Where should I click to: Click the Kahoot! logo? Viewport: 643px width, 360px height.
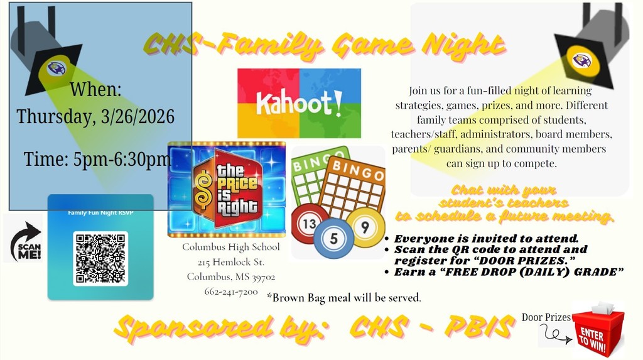click(x=299, y=103)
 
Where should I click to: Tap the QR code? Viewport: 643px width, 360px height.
click(x=100, y=258)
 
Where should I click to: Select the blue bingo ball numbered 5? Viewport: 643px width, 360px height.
click(x=334, y=239)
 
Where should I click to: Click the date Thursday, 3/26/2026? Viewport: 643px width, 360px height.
click(x=95, y=117)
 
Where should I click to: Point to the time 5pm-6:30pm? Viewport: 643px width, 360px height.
click(x=97, y=160)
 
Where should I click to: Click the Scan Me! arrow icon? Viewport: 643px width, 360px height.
click(x=23, y=239)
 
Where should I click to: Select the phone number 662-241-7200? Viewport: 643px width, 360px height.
click(x=230, y=292)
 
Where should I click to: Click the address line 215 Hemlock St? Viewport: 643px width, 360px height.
click(x=230, y=262)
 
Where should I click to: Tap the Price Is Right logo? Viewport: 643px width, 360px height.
click(x=227, y=188)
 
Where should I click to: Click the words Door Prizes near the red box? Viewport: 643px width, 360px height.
click(x=546, y=317)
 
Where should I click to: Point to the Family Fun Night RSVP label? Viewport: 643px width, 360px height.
click(x=100, y=212)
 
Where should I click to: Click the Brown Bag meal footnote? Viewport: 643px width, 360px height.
click(x=344, y=297)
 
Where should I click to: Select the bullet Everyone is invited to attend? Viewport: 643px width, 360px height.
click(x=486, y=239)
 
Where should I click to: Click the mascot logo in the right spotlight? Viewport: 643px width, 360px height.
click(x=582, y=60)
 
